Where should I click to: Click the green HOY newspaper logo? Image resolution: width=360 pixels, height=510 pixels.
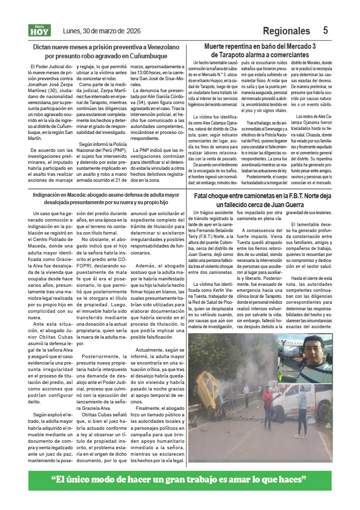click(39, 31)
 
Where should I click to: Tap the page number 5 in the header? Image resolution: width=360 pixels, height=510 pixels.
click(325, 30)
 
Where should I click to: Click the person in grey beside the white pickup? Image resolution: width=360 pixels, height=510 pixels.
click(302, 406)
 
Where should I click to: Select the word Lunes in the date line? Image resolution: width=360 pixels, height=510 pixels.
click(73, 31)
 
